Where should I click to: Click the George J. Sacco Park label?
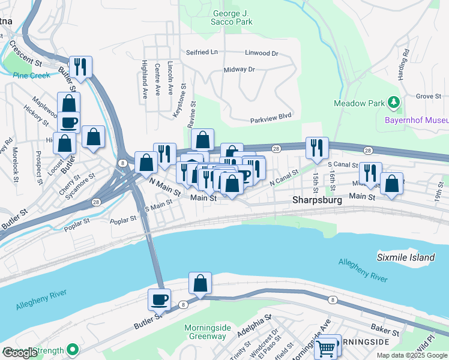(232, 17)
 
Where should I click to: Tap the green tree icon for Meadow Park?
(393, 103)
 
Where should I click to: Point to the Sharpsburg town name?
(317, 200)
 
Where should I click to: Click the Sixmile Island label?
(406, 257)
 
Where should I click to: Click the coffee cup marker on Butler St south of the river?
(159, 299)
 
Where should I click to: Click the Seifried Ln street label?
(202, 53)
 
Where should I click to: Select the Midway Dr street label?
(239, 70)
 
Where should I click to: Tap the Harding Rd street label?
(405, 61)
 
